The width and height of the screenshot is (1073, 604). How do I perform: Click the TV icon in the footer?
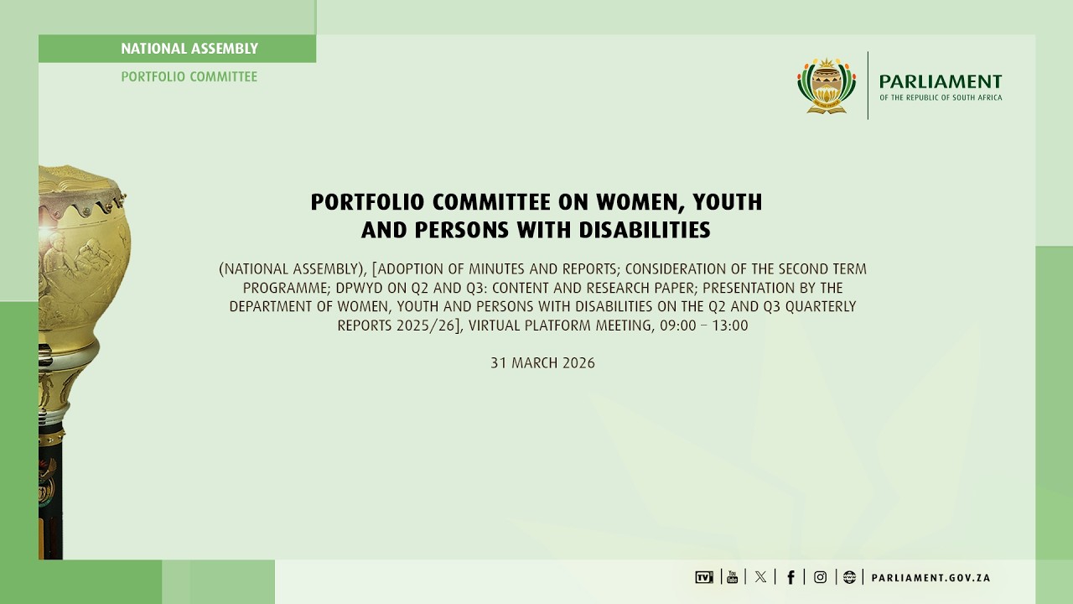point(703,577)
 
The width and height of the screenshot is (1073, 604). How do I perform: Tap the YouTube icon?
point(732,577)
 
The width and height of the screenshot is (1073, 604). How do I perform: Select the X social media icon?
point(760,577)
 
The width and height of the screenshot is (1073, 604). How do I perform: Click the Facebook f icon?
point(790,577)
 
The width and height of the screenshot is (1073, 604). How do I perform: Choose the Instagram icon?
point(820,577)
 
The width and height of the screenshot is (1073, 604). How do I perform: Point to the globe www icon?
point(849,577)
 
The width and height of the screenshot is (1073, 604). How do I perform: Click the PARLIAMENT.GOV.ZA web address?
point(930,578)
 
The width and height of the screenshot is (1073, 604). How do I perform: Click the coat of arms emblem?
point(827,86)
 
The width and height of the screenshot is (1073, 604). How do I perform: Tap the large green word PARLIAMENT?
point(940,81)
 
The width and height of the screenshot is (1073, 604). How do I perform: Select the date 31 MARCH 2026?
point(542,363)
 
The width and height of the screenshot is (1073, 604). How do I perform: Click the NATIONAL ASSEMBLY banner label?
point(189,49)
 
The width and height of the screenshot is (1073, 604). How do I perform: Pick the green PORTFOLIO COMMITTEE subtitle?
point(189,76)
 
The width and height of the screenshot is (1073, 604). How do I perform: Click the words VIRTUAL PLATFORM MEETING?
point(560,325)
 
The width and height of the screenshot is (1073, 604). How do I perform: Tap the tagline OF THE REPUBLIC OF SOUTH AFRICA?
point(940,98)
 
